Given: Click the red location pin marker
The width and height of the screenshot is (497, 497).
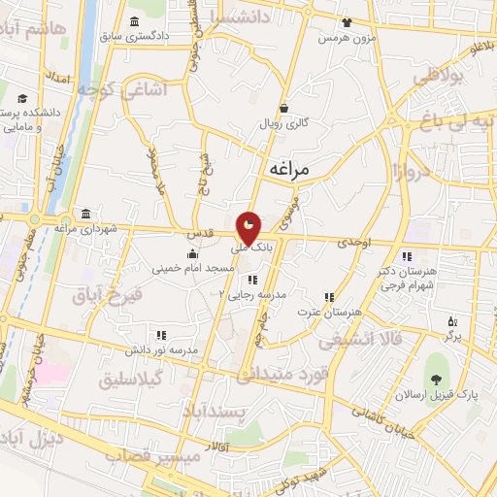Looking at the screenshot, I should click(x=249, y=229).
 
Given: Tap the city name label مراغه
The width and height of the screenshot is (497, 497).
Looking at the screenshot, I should click(x=285, y=169).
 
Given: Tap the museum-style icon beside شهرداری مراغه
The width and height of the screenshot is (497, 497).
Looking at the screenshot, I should click(x=87, y=214).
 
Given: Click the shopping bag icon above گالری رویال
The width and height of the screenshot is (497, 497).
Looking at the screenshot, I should click(x=283, y=109).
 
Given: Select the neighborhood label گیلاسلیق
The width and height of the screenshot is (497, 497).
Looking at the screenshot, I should click(x=132, y=379).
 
